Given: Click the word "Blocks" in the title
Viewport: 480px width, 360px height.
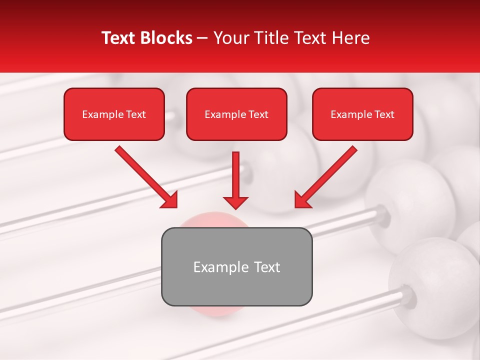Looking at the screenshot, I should click(x=167, y=38).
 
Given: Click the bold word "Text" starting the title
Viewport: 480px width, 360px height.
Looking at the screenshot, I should click(x=119, y=38).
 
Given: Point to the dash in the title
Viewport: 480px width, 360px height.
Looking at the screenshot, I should click(x=202, y=38).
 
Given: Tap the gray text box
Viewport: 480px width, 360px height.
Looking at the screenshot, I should click(x=236, y=287).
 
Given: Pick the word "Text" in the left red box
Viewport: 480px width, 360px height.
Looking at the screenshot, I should click(x=136, y=114).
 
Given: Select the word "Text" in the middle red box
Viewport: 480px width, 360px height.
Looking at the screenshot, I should click(x=258, y=114).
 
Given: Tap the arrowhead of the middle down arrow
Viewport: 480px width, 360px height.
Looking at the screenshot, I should click(x=235, y=202).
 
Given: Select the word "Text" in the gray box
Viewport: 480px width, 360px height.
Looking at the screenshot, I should click(x=267, y=267).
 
